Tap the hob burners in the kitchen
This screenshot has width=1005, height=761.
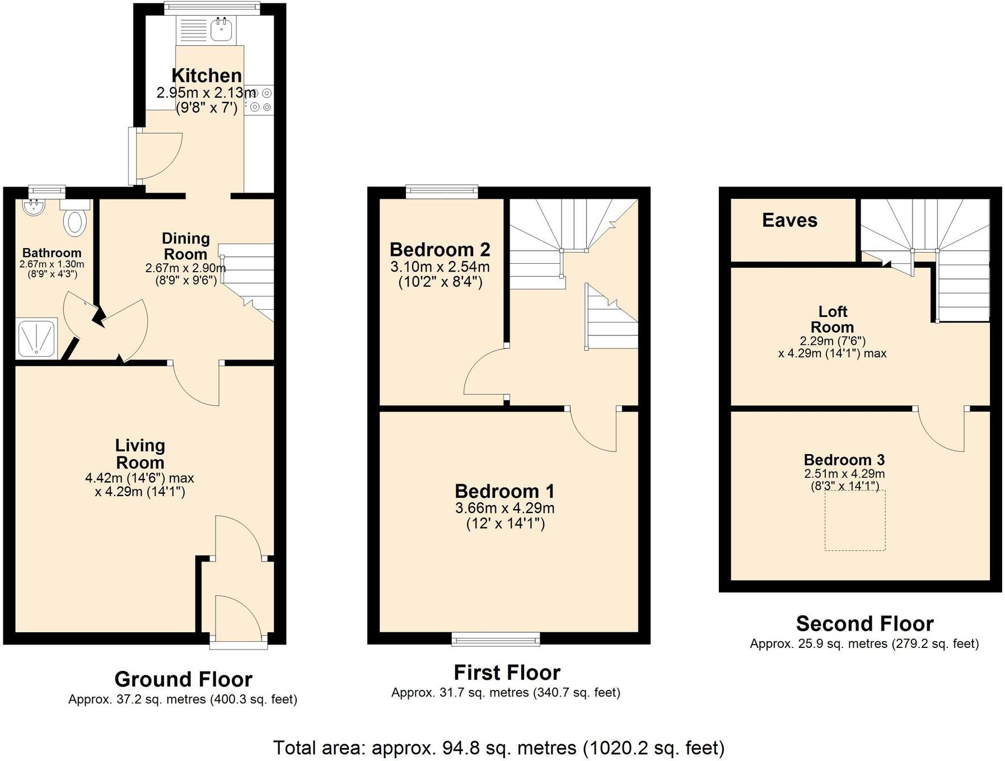[x=261, y=100]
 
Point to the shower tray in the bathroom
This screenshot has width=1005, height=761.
[x=37, y=338]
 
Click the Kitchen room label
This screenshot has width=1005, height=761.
[x=207, y=76]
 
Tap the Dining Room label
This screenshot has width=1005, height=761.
[x=185, y=246]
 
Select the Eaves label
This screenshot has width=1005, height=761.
[x=789, y=221]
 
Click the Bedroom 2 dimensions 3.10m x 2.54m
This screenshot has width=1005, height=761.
[x=440, y=267]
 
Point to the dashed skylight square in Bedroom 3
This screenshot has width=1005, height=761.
[x=855, y=520]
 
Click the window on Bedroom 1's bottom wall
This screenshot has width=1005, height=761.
[x=496, y=639]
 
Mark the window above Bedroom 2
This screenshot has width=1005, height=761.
[x=442, y=192]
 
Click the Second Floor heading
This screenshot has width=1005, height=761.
[x=864, y=624]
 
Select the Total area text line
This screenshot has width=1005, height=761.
[x=498, y=748]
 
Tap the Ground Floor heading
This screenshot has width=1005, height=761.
[x=183, y=679]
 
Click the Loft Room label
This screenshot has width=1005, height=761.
[x=833, y=319]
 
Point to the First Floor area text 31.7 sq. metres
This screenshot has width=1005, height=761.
[x=506, y=693]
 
